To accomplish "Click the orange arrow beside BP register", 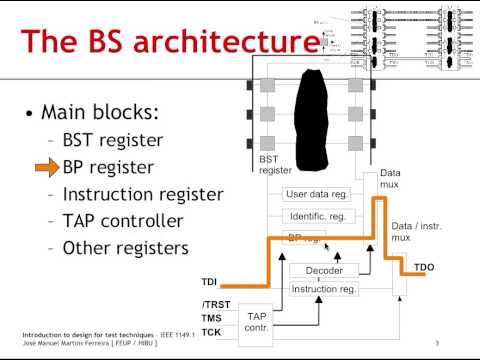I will [x=47, y=167].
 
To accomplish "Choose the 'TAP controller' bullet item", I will [x=123, y=221].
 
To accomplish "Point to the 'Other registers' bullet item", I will [x=124, y=247].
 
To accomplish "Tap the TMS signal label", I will [x=211, y=317].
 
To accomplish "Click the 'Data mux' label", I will [x=391, y=180].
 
